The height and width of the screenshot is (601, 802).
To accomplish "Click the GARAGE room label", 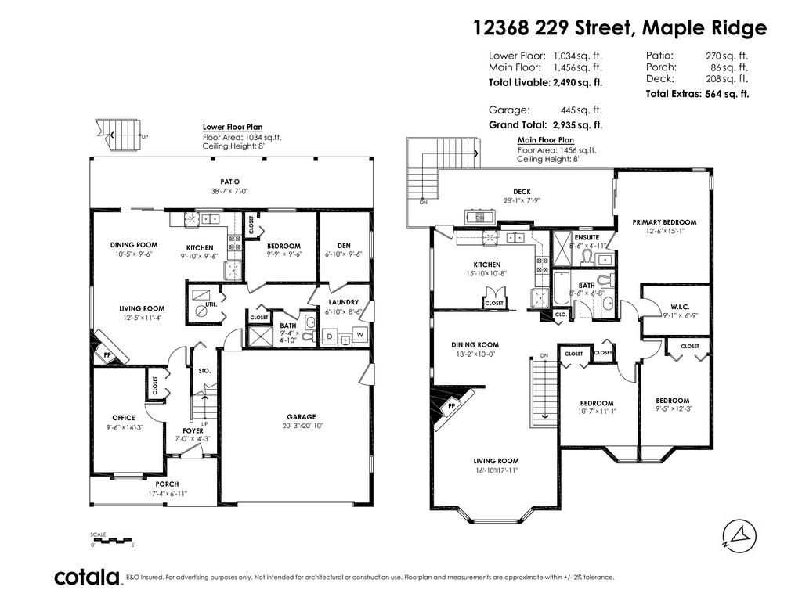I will tap(301, 417).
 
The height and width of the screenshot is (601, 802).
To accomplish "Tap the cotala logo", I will tap(86, 578).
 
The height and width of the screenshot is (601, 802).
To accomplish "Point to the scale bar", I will tap(113, 540).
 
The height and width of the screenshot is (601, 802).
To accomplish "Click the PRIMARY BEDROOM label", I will tap(664, 222).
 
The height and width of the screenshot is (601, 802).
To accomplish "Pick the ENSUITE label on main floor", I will tap(587, 237).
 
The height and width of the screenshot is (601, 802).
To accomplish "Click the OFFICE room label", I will tap(123, 418).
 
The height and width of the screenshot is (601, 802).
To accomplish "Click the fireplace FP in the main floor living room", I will tap(452, 407).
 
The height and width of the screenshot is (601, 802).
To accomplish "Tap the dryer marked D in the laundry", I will tap(329, 336).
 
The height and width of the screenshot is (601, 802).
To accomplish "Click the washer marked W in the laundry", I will tap(360, 336).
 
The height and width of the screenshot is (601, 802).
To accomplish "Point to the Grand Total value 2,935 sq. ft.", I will tap(577, 124).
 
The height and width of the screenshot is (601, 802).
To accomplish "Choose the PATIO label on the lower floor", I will tap(229, 182).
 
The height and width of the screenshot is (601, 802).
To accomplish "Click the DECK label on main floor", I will tap(522, 191).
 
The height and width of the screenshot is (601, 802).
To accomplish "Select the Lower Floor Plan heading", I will tap(233, 127).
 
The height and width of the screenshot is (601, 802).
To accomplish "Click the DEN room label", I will tap(343, 246).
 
